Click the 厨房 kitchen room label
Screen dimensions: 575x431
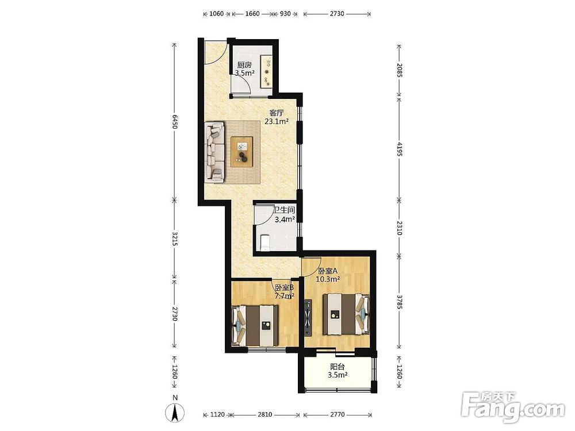click(244, 65)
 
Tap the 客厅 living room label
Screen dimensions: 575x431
click(277, 113)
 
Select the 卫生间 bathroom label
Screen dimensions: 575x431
click(285, 210)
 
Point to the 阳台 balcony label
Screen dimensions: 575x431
click(338, 366)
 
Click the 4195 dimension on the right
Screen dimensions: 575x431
click(400, 149)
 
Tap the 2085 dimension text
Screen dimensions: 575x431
click(400, 70)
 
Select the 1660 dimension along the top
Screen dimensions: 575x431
click(252, 14)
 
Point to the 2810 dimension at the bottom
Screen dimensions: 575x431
click(264, 414)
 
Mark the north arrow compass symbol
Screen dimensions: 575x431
click(175, 412)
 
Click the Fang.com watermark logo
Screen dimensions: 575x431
click(513, 407)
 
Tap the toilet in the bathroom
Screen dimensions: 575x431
click(264, 243)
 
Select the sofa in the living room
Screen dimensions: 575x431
click(214, 152)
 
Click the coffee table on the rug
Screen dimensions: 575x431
click(242, 152)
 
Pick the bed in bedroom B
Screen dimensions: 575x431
click(255, 325)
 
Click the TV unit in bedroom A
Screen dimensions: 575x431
click(308, 318)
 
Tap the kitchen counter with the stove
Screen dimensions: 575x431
click(266, 71)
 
